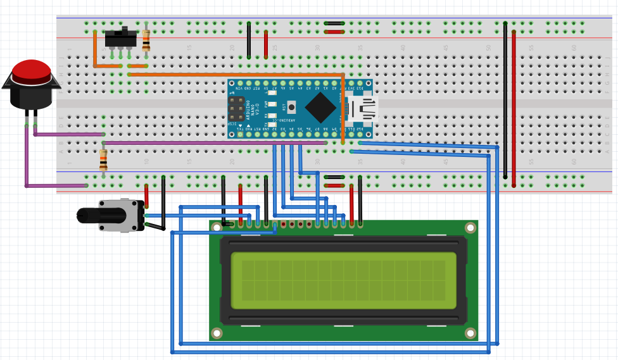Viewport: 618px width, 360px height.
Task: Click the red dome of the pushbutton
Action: click(x=32, y=70)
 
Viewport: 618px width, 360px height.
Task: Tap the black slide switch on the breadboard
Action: click(x=120, y=39)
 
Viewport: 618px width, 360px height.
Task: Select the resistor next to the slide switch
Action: click(x=146, y=40)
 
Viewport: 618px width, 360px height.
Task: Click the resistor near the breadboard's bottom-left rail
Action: click(x=103, y=160)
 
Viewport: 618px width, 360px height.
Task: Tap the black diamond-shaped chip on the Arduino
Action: click(x=320, y=108)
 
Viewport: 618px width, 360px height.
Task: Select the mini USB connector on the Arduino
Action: click(x=364, y=108)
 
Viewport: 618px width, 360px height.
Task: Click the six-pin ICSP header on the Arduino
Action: click(x=236, y=109)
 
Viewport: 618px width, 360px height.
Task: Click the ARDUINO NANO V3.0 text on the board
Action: click(x=249, y=109)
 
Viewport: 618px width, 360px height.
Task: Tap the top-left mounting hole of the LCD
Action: click(x=217, y=227)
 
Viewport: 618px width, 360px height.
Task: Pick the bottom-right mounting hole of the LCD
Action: click(x=470, y=333)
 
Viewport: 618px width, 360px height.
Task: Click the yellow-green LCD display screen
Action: click(x=343, y=280)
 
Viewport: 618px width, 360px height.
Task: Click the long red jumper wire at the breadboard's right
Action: click(x=514, y=108)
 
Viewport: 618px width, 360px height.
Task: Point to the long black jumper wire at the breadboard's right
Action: click(x=505, y=101)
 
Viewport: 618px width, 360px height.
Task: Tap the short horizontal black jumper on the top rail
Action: click(x=334, y=23)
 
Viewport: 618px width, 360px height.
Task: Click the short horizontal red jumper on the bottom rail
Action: click(x=334, y=185)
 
